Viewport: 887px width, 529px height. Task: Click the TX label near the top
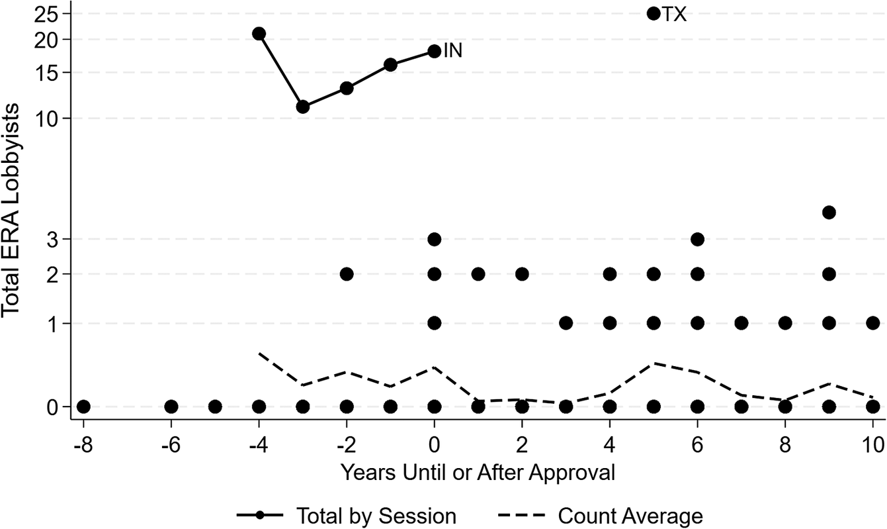[x=674, y=15]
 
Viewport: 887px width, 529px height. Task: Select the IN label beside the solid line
[x=452, y=50]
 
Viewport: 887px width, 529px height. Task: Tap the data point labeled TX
[x=654, y=13]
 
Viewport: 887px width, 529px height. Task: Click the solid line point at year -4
[x=259, y=34]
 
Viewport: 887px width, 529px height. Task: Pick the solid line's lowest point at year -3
[x=303, y=107]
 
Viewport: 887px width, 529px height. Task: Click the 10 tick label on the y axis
[x=52, y=119]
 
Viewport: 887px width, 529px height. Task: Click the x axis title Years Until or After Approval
[x=478, y=472]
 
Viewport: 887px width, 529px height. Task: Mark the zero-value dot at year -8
[x=83, y=407]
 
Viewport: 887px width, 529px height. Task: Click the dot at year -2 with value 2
[x=347, y=274]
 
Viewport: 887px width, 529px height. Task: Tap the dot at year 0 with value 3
[x=435, y=239]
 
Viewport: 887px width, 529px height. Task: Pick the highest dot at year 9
[x=829, y=213]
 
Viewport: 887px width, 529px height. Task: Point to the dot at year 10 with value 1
[x=873, y=323]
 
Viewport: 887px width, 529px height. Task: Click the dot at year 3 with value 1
[x=566, y=323]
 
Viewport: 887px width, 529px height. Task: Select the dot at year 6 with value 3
[x=697, y=239]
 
